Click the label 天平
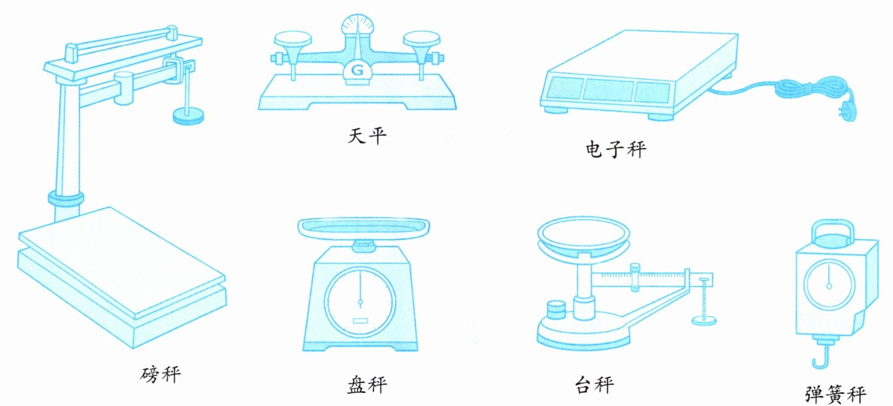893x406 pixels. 367,136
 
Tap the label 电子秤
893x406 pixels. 615,149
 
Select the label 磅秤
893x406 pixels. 160,374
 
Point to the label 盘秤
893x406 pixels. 367,385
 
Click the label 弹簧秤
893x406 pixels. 835,395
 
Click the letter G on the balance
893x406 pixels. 357,70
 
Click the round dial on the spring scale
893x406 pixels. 828,286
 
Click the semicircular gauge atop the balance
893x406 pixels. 357,24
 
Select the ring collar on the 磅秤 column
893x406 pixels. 66,198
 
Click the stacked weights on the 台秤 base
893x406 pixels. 556,310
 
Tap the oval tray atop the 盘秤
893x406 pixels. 364,227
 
